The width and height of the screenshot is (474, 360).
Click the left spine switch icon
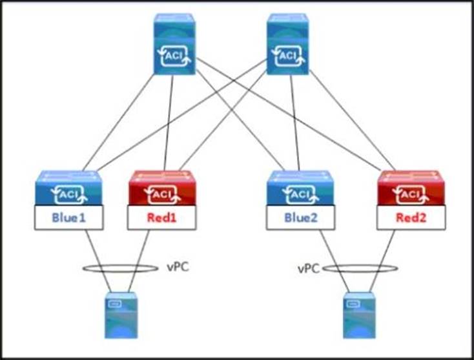pos(173,45)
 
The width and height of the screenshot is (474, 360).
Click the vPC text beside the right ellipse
pos(309,268)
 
